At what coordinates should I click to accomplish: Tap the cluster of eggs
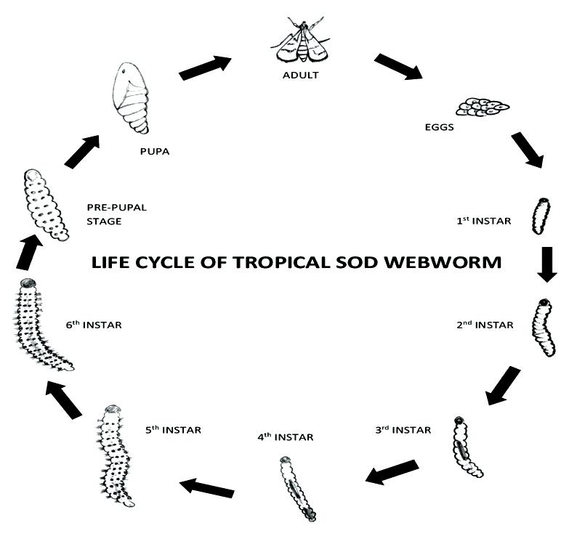click(x=482, y=107)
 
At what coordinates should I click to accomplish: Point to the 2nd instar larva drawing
click(x=543, y=328)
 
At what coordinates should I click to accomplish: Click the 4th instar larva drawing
click(x=297, y=488)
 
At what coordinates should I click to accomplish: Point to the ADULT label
click(x=302, y=76)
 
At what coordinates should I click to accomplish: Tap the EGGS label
click(x=440, y=127)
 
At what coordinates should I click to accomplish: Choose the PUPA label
click(x=154, y=152)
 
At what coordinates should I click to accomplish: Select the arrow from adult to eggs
click(x=398, y=66)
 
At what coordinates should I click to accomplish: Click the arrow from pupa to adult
click(x=204, y=68)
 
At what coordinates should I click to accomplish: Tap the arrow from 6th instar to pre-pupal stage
click(x=25, y=253)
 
